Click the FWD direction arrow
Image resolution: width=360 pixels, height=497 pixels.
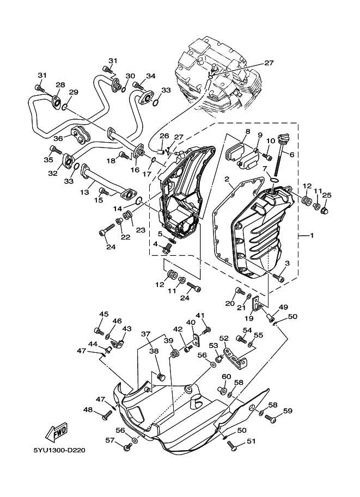(57, 432)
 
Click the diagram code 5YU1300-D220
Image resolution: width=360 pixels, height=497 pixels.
(59, 450)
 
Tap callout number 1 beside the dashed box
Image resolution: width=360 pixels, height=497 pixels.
(312, 236)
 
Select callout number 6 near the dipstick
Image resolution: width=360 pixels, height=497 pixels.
(291, 155)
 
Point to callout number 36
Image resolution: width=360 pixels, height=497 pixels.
(58, 138)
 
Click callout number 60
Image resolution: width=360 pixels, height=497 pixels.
(226, 376)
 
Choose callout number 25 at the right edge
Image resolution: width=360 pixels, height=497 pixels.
(326, 195)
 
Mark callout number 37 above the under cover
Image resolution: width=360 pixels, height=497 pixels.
(145, 334)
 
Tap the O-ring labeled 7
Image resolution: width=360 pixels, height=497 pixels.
(274, 181)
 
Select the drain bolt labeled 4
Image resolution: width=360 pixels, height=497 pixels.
(166, 249)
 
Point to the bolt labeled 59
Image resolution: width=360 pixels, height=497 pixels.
(270, 419)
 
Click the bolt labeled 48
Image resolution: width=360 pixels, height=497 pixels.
(107, 415)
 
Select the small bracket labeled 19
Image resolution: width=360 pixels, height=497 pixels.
(257, 304)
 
